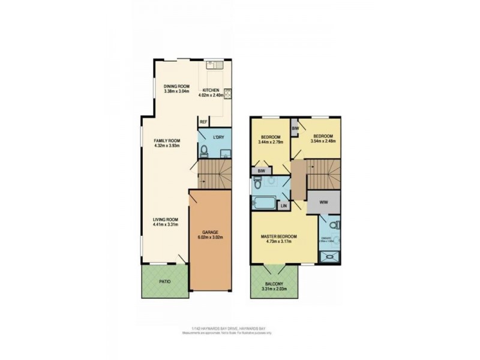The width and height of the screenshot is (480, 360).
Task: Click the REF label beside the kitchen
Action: point(204,122)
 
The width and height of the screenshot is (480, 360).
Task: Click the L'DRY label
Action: point(219,137)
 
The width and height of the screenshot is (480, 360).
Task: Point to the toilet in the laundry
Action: point(204,150)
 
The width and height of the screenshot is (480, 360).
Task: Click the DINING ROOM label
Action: point(177,86)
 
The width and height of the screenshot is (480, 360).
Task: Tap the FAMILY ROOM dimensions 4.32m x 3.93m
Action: point(167,146)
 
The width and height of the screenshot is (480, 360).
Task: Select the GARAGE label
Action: point(209,232)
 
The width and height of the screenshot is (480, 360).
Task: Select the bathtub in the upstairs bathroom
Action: point(263,201)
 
